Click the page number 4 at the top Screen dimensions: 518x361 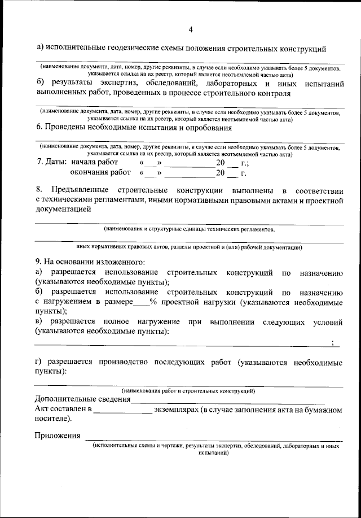click(191, 29)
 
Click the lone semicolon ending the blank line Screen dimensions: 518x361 click(333, 342)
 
